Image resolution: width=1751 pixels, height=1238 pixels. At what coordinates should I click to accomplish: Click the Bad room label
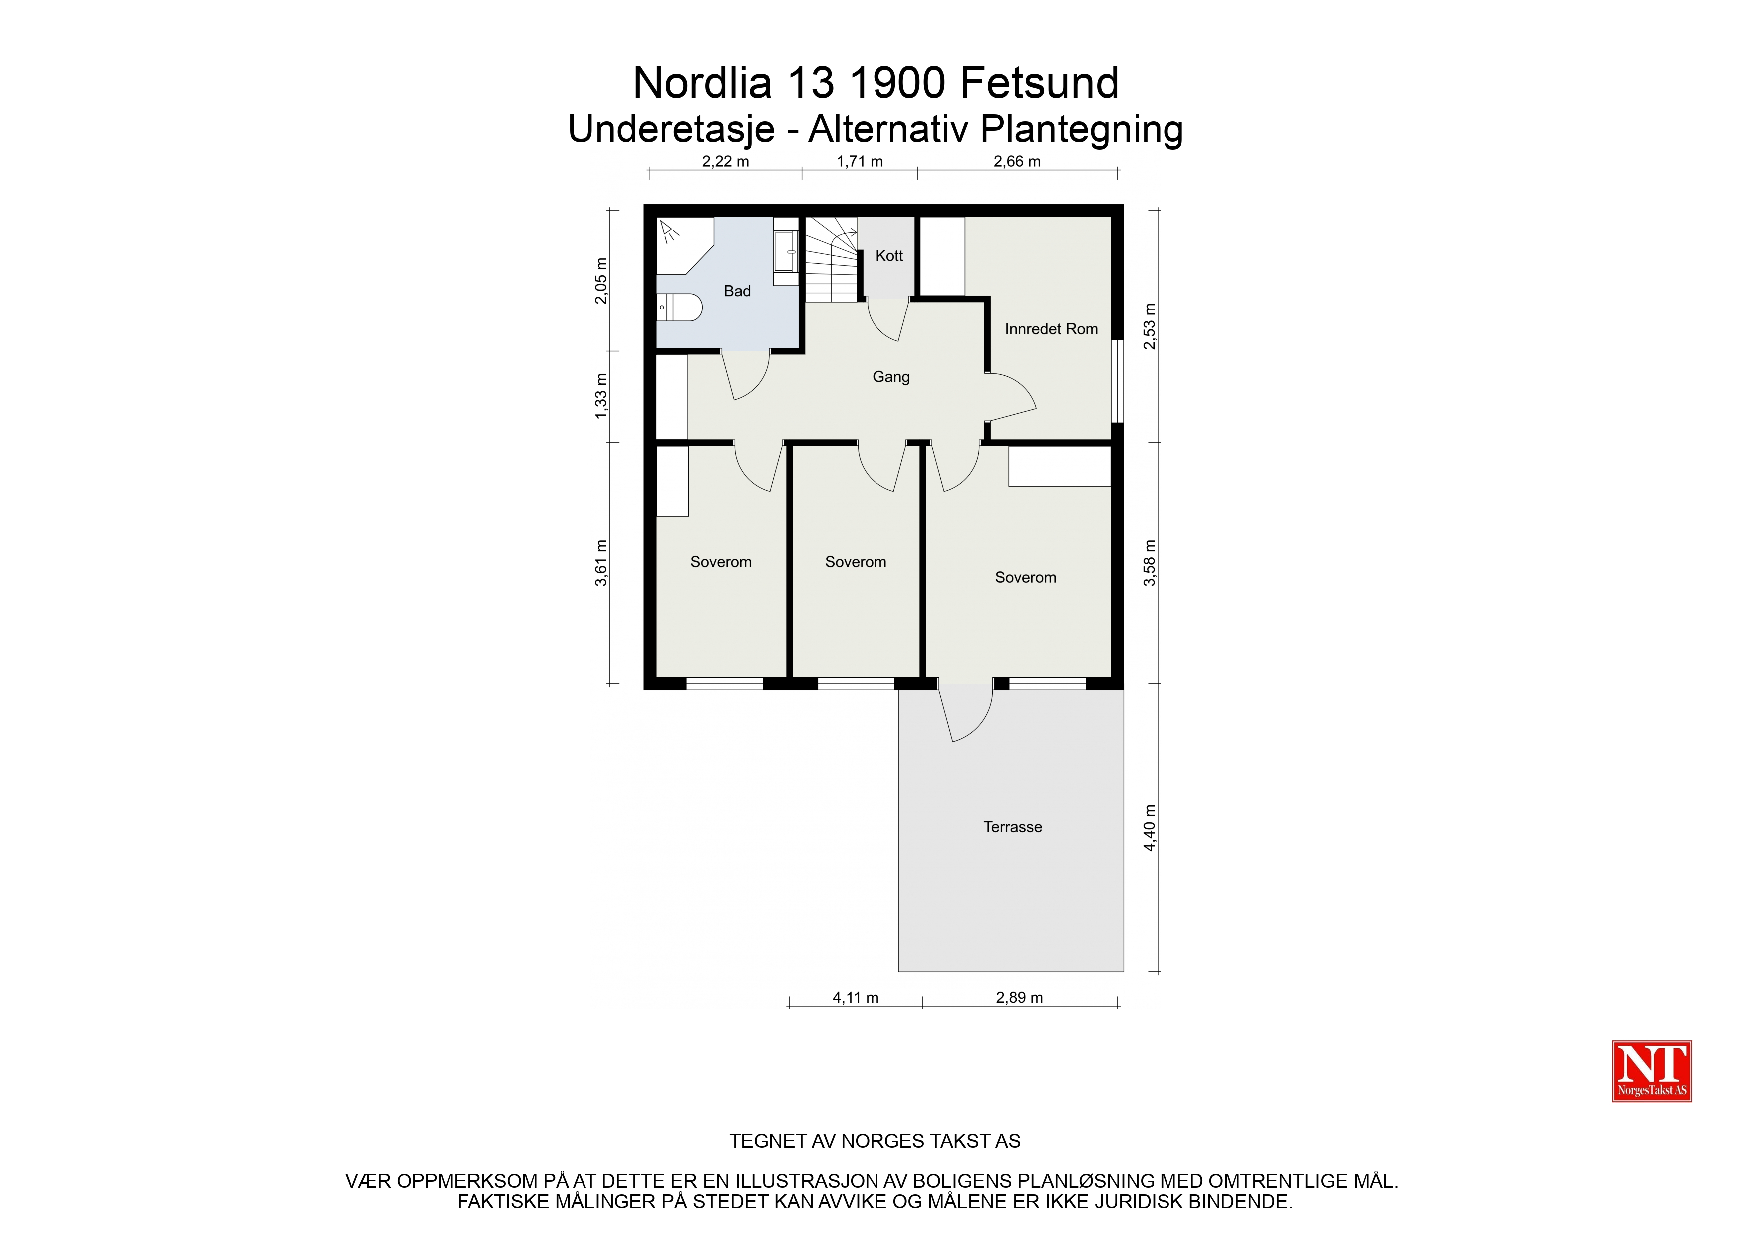coord(737,291)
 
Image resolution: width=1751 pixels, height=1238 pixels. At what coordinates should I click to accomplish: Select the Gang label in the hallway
coord(891,377)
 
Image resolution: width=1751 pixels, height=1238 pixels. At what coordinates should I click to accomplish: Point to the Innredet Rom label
coord(1051,329)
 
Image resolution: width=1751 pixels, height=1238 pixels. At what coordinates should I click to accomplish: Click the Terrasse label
coord(1012,827)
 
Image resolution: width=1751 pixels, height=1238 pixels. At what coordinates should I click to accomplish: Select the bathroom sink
coord(786,251)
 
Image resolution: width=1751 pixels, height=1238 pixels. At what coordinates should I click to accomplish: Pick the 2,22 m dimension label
coord(725,162)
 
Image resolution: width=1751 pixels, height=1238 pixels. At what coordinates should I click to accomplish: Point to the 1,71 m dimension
coord(860,162)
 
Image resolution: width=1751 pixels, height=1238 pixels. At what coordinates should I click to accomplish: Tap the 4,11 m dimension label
coord(855,998)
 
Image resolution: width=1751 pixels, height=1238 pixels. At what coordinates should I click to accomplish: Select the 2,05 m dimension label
coord(601,281)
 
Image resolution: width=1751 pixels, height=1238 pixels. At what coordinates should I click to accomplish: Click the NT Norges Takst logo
coord(1651,1071)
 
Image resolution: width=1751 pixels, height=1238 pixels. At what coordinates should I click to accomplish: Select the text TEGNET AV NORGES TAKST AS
coord(875,1141)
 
